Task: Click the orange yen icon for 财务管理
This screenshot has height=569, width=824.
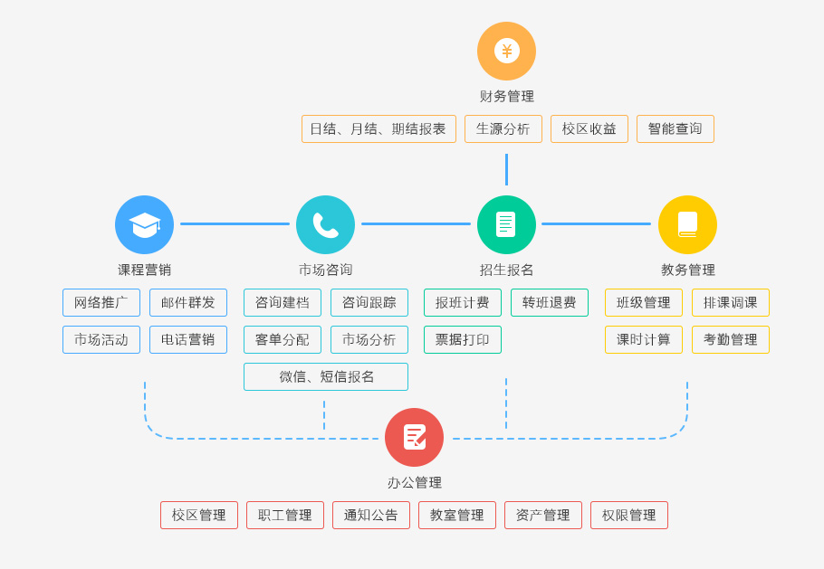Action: pos(506,51)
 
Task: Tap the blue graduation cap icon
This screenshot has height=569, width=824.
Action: pos(144,224)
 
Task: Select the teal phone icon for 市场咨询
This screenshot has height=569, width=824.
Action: pos(325,224)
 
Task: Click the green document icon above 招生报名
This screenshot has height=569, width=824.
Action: pos(506,224)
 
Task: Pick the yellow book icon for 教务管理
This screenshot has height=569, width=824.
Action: pos(687,224)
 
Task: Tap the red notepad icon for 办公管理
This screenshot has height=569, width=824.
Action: pos(414,437)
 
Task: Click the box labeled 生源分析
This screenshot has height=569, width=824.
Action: pos(503,128)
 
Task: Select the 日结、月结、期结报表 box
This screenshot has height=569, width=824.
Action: pos(378,128)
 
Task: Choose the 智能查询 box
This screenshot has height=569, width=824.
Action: pos(675,128)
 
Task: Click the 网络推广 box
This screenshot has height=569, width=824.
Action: pos(101,302)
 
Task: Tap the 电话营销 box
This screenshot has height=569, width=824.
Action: pos(188,339)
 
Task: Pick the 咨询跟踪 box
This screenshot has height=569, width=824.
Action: pos(369,302)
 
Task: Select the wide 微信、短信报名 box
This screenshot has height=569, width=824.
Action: pos(326,376)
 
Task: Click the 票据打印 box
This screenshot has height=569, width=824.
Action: pos(463,339)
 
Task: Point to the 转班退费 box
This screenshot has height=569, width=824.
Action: pos(550,302)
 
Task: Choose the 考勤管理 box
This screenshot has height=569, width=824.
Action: pos(731,339)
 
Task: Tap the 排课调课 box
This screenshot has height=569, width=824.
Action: pos(731,302)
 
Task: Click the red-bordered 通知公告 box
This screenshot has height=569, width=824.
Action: pos(371,515)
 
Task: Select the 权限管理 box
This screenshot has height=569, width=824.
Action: pos(629,515)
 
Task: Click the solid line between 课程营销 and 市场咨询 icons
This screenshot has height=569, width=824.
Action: pos(235,223)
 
